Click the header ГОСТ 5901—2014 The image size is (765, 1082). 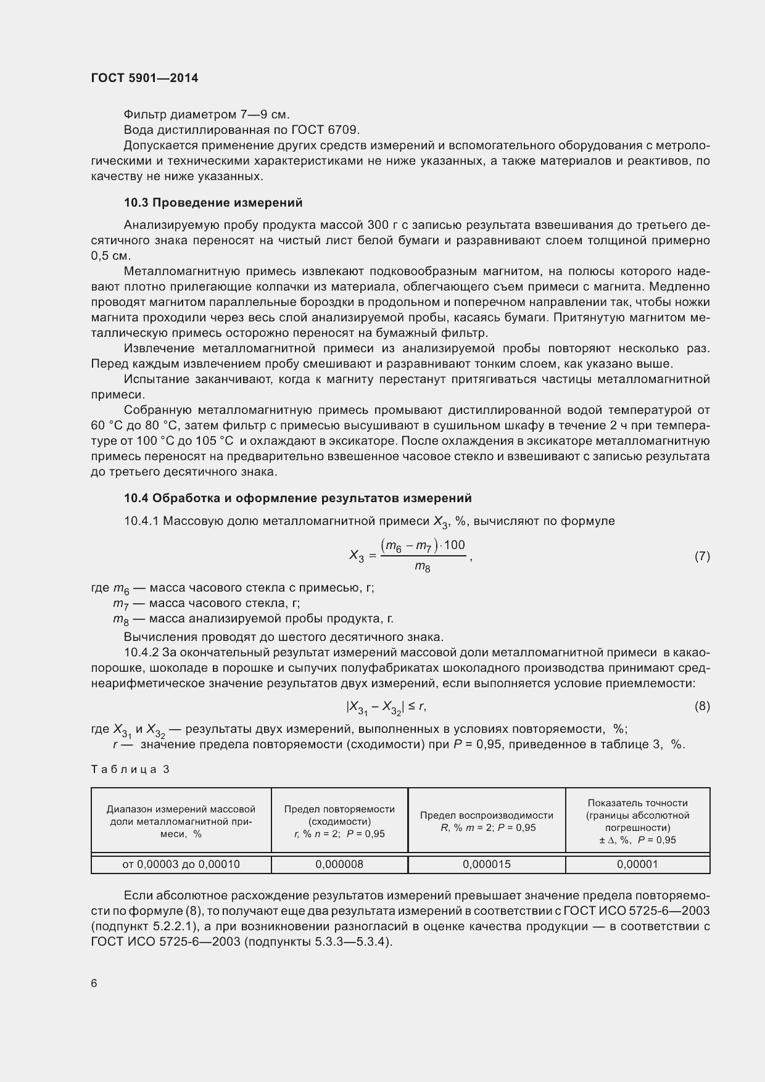(x=144, y=78)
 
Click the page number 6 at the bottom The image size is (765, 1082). (x=94, y=983)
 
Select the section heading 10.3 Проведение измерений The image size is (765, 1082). (x=213, y=202)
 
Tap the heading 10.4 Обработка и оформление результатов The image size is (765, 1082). (x=297, y=498)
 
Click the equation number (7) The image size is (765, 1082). (x=702, y=556)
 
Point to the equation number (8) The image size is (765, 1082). (x=702, y=706)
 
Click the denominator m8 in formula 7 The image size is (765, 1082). (x=423, y=567)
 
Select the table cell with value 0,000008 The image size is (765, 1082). (x=339, y=864)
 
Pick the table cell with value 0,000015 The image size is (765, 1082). (x=487, y=864)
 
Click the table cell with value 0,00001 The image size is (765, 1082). (x=637, y=864)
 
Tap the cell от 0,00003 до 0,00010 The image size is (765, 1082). (x=181, y=864)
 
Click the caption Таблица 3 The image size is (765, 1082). (x=130, y=769)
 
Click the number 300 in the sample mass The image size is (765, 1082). (x=378, y=225)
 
